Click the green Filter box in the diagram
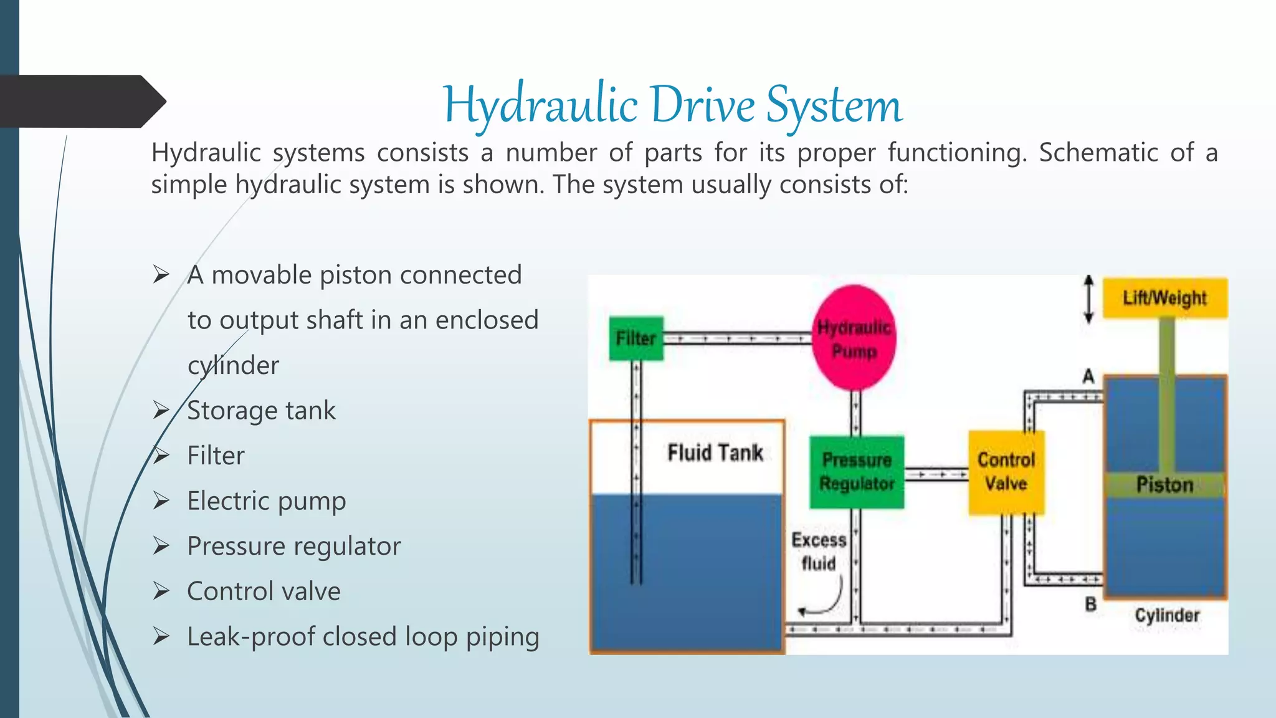(x=636, y=338)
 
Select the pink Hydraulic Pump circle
(x=854, y=338)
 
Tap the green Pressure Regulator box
(x=857, y=472)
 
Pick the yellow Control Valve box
(x=1006, y=472)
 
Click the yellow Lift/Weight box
(x=1164, y=298)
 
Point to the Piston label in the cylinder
(x=1164, y=485)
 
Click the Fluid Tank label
(x=715, y=453)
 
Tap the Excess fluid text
(x=819, y=552)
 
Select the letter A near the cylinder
(x=1088, y=376)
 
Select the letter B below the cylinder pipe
(x=1090, y=604)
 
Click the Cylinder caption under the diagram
(x=1166, y=616)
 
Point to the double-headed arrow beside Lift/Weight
(x=1088, y=299)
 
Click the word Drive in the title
(x=702, y=105)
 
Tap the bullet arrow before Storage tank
(x=161, y=410)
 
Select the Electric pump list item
(x=266, y=501)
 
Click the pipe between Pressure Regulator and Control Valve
(x=936, y=475)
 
